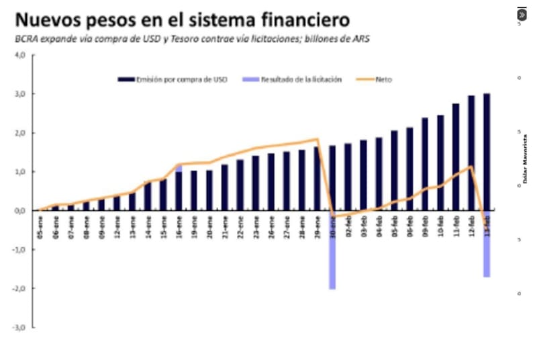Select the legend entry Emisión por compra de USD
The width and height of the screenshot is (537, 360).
pos(173,79)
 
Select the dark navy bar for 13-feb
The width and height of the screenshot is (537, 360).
pos(487,151)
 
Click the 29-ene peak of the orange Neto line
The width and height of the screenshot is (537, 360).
pos(317,139)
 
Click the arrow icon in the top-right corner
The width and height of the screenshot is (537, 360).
pos(522,14)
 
